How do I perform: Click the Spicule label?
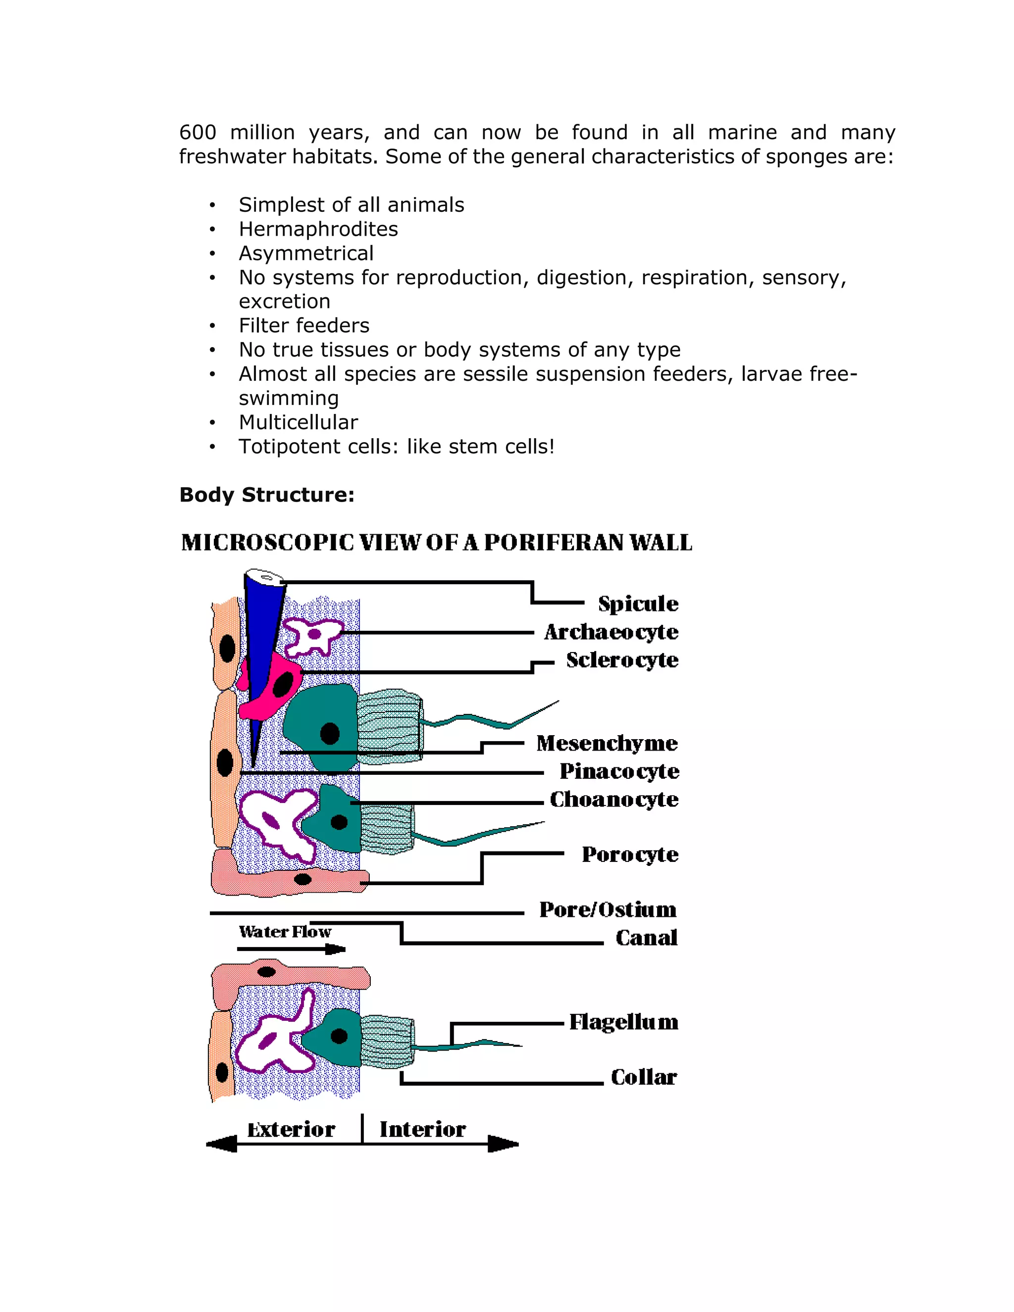638,604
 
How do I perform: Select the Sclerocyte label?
622,660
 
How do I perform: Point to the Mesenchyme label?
607,744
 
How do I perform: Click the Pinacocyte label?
619,771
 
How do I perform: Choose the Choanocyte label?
614,800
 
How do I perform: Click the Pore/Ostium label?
608,909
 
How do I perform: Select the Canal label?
646,938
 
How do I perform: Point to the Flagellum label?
623,1022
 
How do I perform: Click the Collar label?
643,1077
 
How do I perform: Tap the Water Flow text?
285,932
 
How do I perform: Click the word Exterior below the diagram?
291,1129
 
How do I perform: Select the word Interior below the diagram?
422,1129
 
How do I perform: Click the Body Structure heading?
267,495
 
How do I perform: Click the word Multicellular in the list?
298,422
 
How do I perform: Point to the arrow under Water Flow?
291,949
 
